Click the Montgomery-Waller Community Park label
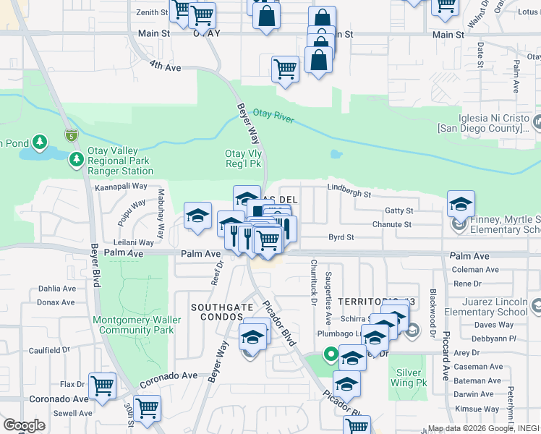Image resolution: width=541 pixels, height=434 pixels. pyautogui.click(x=133, y=325)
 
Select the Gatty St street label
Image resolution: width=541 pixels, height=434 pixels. pyautogui.click(x=399, y=210)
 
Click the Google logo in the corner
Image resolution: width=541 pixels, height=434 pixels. pyautogui.click(x=24, y=425)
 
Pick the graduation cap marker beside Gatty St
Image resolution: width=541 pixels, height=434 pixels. pyautogui.click(x=461, y=205)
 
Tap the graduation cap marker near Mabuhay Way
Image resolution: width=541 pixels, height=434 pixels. pyautogui.click(x=197, y=216)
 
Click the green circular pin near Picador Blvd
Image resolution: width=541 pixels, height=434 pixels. pyautogui.click(x=330, y=354)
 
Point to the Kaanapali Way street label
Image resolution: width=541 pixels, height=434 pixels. pyautogui.click(x=121, y=186)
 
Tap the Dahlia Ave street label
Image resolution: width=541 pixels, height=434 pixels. pyautogui.click(x=56, y=288)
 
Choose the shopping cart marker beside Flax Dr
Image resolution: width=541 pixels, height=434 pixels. pyautogui.click(x=102, y=386)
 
